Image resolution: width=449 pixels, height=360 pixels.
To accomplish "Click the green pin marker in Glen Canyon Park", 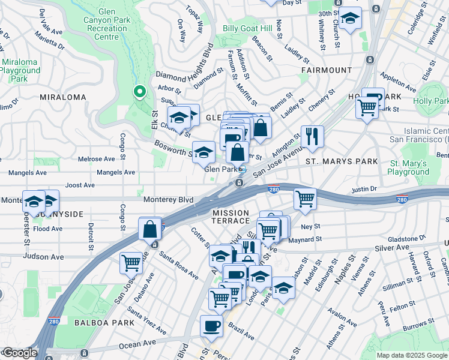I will click(139, 92).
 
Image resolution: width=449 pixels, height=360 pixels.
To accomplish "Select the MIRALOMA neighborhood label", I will click(60, 97).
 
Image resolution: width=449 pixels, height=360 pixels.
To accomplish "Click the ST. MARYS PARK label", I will click(342, 161).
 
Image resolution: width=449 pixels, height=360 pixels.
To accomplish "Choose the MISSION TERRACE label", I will click(231, 217).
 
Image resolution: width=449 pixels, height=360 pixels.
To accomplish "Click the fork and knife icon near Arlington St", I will click(312, 136).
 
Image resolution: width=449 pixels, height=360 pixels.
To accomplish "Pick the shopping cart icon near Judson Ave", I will click(131, 262).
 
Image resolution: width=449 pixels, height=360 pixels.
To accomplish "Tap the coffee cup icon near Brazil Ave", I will click(211, 325).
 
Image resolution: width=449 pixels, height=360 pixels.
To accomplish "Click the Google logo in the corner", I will click(19, 353).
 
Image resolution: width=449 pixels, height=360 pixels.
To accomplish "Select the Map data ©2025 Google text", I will click(411, 355).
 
